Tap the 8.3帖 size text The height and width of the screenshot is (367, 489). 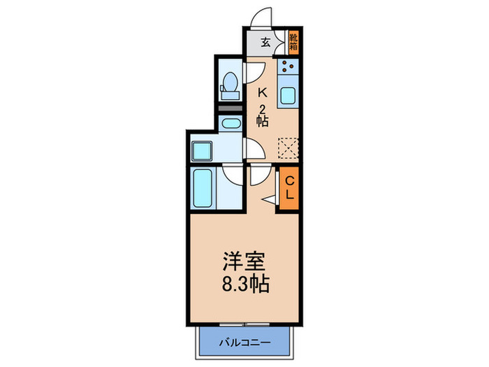click(243, 285)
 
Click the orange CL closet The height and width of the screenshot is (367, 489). click(289, 187)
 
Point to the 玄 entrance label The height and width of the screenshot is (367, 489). click(266, 41)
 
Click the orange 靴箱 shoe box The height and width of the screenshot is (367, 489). click(293, 41)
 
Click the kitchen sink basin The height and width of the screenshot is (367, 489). click(288, 96)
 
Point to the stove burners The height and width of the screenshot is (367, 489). click(288, 68)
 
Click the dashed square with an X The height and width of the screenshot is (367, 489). click(288, 147)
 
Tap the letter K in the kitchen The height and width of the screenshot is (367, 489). click(263, 92)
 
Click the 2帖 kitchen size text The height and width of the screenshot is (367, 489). click(262, 115)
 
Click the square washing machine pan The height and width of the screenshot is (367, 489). click(203, 150)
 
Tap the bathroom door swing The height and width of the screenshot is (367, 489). click(233, 175)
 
